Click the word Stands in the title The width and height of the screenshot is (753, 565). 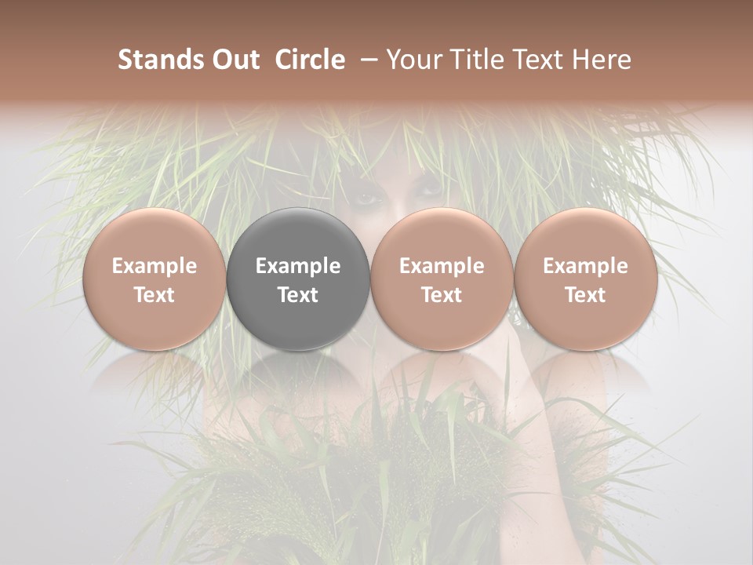pyautogui.click(x=160, y=60)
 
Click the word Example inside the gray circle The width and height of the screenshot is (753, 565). pyautogui.click(x=298, y=266)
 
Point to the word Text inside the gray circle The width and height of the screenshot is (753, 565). pyautogui.click(x=298, y=295)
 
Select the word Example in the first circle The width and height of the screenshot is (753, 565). pyautogui.click(x=154, y=266)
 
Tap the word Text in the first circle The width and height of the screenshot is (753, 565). pyautogui.click(x=154, y=295)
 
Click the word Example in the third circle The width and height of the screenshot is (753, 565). pyautogui.click(x=442, y=266)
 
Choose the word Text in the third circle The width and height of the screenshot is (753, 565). pyautogui.click(x=442, y=295)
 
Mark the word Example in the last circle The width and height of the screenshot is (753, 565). pyautogui.click(x=586, y=266)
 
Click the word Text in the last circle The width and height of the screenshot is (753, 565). pyautogui.click(x=586, y=295)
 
